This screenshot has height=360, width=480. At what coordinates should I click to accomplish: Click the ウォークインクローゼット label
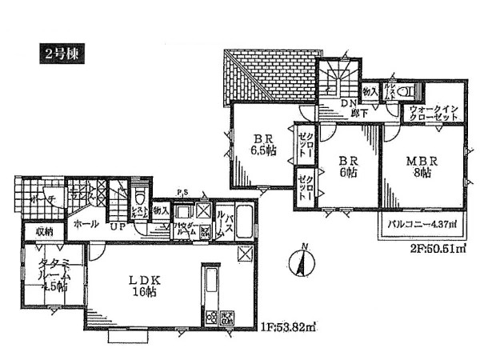point(433,113)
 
